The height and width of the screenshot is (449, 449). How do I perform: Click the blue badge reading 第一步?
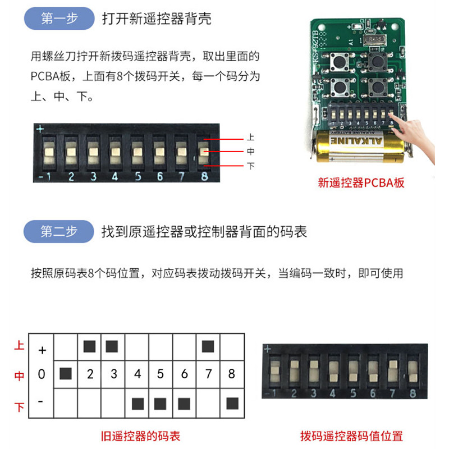pyautogui.click(x=59, y=19)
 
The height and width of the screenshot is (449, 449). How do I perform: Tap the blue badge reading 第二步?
pyautogui.click(x=59, y=231)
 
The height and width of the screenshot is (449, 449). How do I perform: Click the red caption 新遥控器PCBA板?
pyautogui.click(x=361, y=182)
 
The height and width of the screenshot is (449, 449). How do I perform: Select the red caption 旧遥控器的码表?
pyautogui.click(x=140, y=436)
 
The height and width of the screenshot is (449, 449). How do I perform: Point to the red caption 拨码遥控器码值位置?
pyautogui.click(x=351, y=436)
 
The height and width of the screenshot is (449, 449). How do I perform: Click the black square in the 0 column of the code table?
pyautogui.click(x=66, y=373)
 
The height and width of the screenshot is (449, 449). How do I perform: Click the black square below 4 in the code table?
pyautogui.click(x=137, y=402)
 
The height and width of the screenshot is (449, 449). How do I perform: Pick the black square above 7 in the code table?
pyautogui.click(x=208, y=346)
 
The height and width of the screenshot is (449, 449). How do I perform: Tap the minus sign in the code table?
pyautogui.click(x=41, y=401)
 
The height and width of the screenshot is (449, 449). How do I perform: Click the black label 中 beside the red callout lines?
pyautogui.click(x=250, y=152)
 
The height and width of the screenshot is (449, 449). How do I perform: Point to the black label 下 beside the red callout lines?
pyautogui.click(x=250, y=166)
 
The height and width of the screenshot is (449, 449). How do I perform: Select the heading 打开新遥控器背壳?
pyautogui.click(x=157, y=19)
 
